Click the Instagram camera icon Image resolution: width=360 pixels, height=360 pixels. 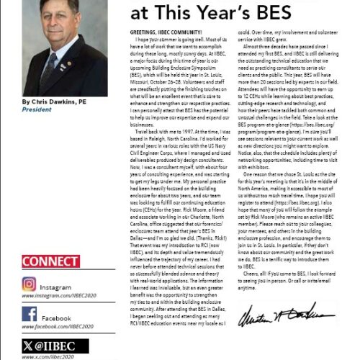click(x=30, y=285)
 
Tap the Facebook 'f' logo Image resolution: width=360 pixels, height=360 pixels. click(x=30, y=314)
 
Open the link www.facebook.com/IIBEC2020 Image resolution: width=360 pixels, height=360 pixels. click(x=58, y=326)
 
